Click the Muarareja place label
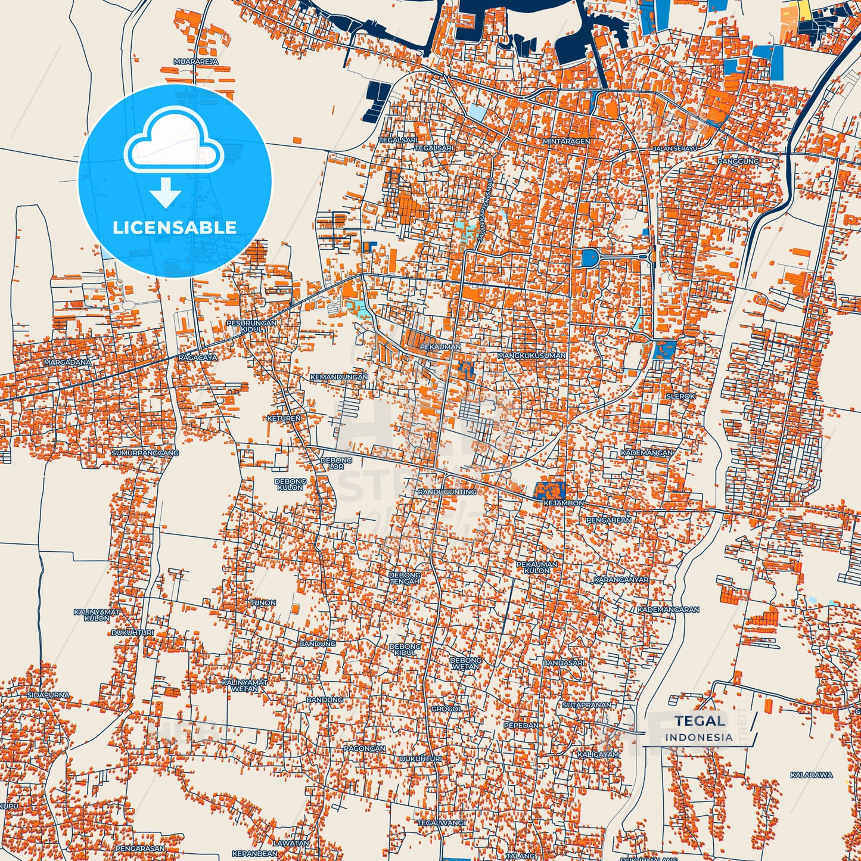[195, 61]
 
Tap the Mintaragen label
[566, 141]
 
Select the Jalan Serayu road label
[674, 148]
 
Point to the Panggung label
[738, 161]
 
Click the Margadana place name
[67, 362]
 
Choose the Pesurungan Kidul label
[251, 326]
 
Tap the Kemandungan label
[338, 377]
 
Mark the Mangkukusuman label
[531, 355]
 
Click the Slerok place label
[680, 396]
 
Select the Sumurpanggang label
[145, 453]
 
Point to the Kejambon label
[564, 503]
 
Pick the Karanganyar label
[621, 579]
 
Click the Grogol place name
[446, 709]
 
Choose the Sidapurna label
[48, 695]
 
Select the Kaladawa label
[811, 775]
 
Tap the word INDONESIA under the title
[699, 737]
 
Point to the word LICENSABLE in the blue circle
[175, 227]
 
